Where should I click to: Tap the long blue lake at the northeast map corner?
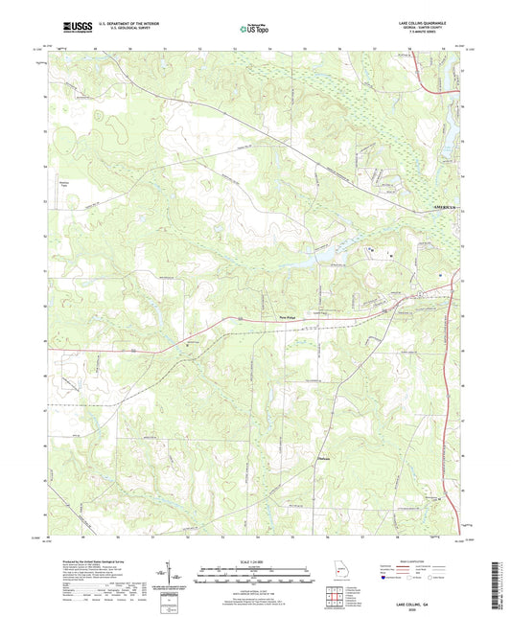click(x=443, y=105)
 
